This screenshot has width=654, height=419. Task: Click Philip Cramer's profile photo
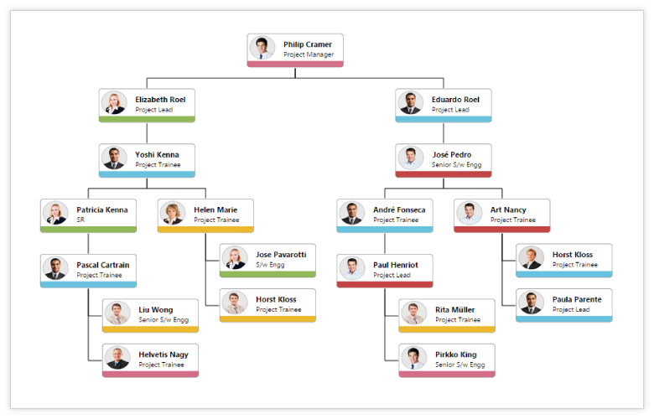click(262, 48)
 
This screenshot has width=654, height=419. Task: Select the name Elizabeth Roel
click(160, 100)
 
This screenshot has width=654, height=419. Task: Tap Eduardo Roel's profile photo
click(410, 103)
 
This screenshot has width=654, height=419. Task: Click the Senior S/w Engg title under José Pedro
click(457, 165)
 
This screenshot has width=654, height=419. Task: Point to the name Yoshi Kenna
click(157, 155)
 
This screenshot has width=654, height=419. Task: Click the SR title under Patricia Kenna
click(81, 220)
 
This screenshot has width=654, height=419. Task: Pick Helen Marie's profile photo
click(173, 214)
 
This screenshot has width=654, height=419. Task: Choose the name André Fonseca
click(399, 209)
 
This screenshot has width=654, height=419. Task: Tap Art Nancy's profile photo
click(470, 214)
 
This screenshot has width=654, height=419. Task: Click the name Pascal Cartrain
click(103, 265)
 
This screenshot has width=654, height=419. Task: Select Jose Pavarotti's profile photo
click(235, 257)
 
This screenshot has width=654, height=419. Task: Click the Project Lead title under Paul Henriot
click(392, 276)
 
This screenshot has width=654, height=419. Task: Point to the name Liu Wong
click(156, 310)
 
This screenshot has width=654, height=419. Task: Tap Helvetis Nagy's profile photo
click(117, 358)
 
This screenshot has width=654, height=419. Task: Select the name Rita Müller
click(455, 310)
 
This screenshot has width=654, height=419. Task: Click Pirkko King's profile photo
click(413, 358)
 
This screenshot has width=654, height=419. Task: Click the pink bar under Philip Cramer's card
click(295, 64)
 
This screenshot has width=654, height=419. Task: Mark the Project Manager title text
click(308, 54)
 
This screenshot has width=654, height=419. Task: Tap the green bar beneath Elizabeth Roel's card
click(147, 119)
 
